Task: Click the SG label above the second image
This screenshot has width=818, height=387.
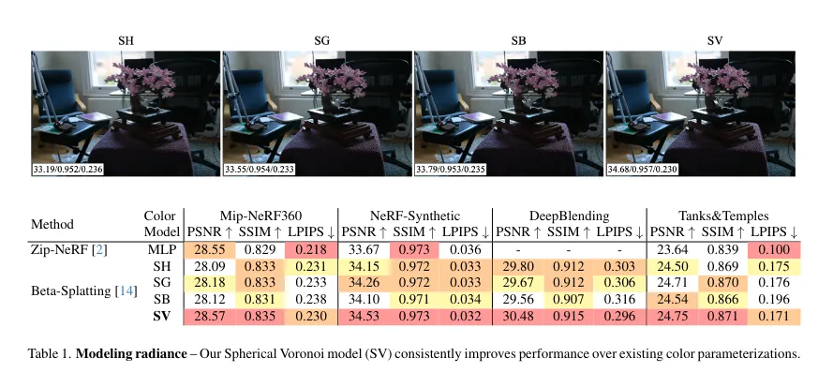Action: (x=317, y=39)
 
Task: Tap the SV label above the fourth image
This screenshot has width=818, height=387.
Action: (x=702, y=39)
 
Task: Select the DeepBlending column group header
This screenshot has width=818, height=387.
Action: (x=569, y=216)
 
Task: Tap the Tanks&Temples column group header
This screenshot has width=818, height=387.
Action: (x=722, y=216)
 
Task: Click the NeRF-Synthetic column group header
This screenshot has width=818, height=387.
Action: (x=414, y=216)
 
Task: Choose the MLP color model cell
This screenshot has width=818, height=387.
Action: (x=161, y=249)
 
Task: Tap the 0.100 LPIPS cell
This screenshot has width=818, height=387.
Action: (x=775, y=249)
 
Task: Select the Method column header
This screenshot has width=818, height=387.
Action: (x=52, y=224)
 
